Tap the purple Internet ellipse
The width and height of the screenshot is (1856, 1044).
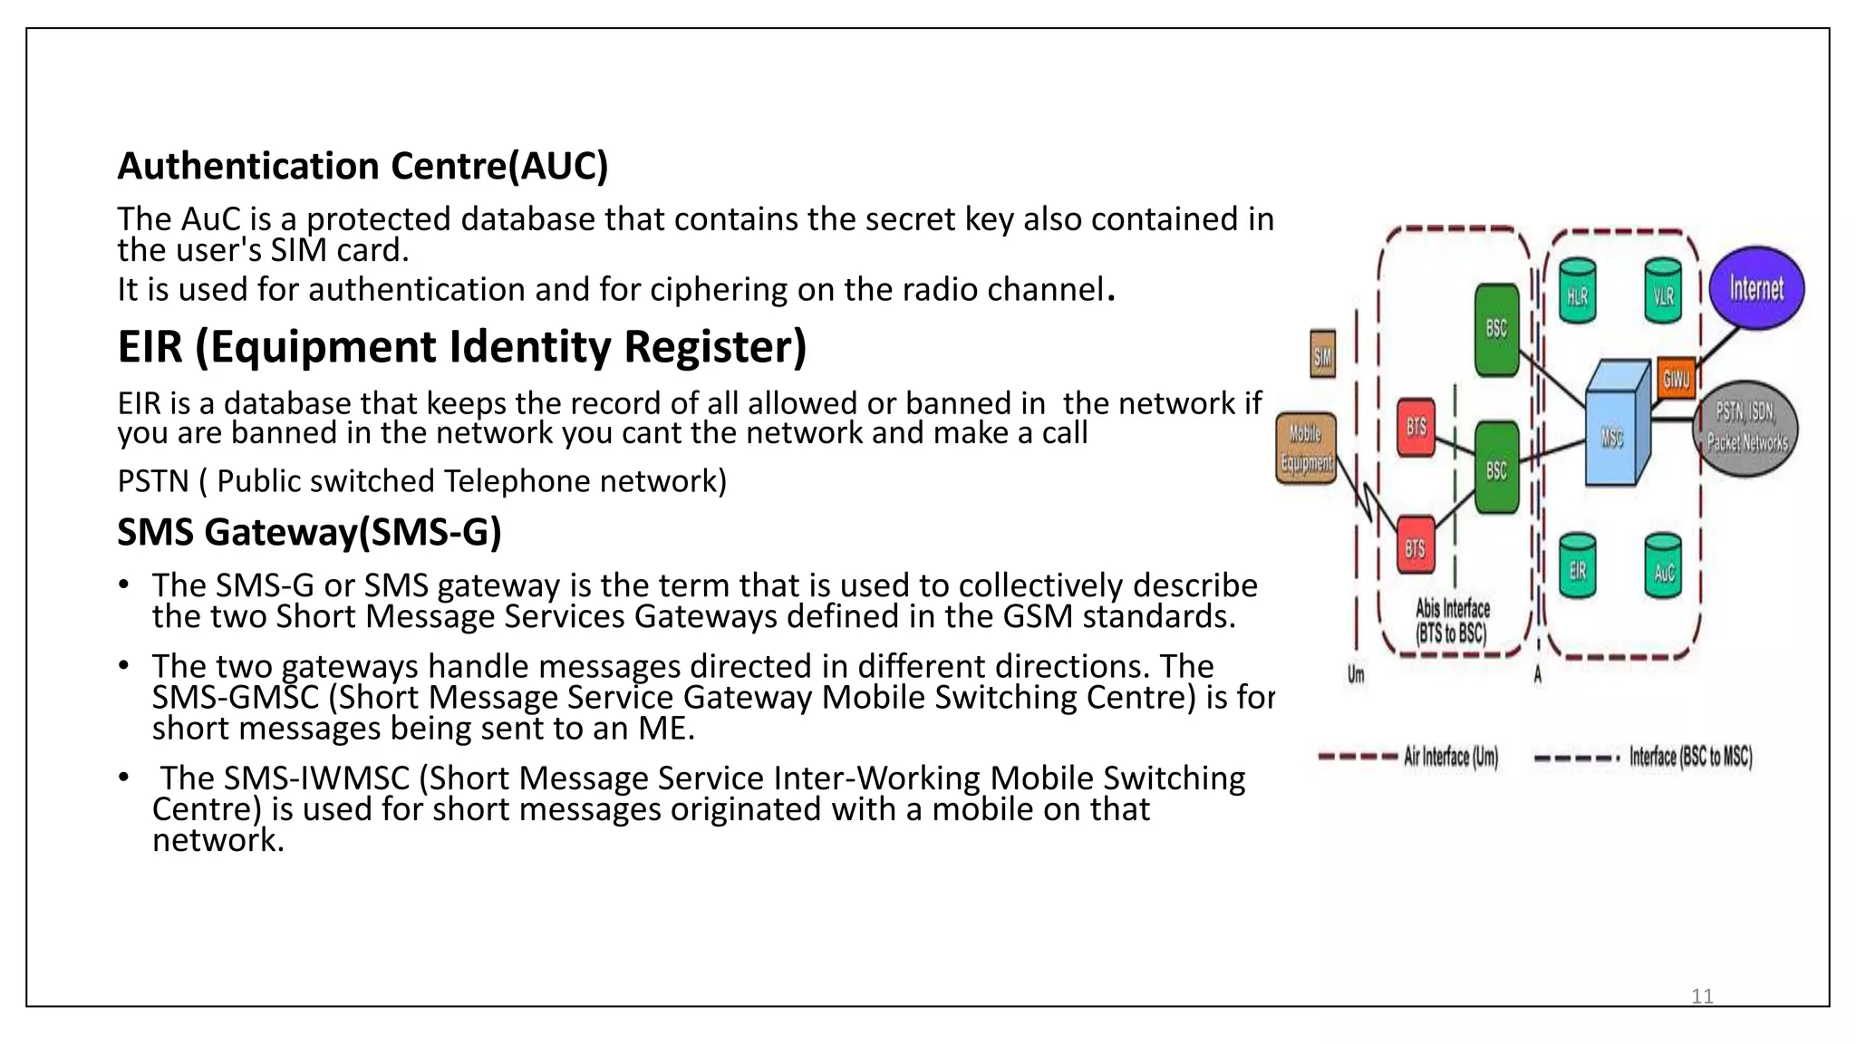1756,289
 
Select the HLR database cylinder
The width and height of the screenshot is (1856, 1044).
1578,292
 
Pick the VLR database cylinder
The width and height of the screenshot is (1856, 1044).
1663,292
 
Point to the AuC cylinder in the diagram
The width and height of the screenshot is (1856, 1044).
1663,568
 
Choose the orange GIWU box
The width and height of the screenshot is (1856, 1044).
1676,378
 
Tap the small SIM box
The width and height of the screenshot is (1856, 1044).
1323,355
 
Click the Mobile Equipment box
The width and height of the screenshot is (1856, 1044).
1306,449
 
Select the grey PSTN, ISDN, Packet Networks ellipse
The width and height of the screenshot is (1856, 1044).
1746,429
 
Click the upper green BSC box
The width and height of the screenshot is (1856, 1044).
1496,330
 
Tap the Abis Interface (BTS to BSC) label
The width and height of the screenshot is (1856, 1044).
1452,622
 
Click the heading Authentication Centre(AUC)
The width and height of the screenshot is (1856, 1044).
362,166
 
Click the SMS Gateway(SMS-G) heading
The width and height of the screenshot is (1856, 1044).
309,532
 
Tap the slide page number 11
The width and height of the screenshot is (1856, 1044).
1702,997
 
